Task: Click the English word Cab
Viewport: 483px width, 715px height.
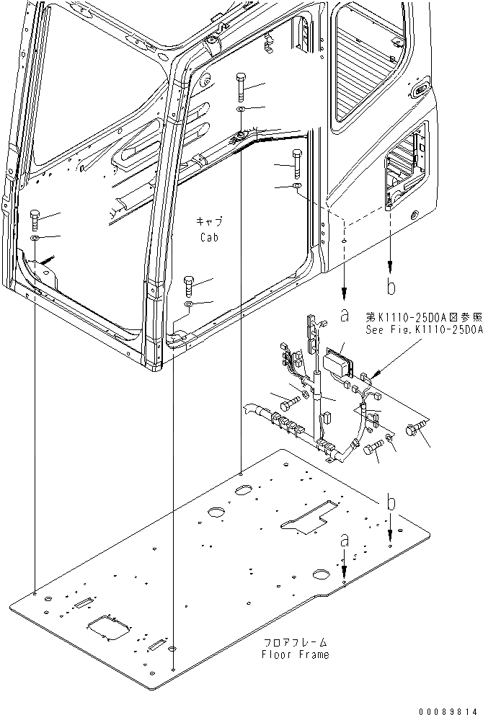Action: click(x=210, y=237)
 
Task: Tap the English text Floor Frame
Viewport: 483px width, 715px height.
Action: click(x=296, y=654)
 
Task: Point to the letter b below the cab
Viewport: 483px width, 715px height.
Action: click(x=391, y=288)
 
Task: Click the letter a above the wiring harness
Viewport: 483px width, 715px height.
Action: click(x=345, y=314)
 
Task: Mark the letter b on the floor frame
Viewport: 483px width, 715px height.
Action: click(x=390, y=504)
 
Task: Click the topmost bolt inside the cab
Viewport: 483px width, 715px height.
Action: click(x=239, y=86)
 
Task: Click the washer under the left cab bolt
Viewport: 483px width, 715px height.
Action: click(x=34, y=238)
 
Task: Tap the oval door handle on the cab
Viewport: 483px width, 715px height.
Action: click(x=419, y=92)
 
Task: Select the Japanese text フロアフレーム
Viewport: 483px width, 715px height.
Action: click(x=296, y=641)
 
